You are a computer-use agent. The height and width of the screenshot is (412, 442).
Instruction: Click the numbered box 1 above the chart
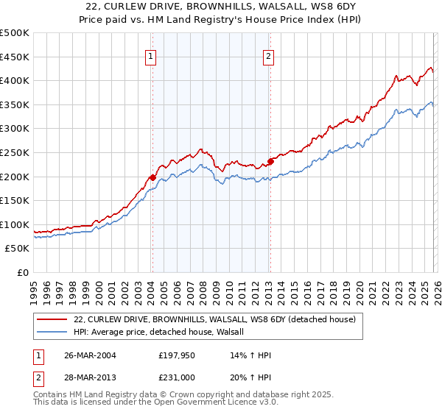[151, 56]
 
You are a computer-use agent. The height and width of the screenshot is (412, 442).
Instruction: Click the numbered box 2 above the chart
[269, 56]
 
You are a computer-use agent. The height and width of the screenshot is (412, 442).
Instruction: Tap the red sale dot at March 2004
[152, 177]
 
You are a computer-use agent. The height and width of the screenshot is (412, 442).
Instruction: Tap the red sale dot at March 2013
[270, 161]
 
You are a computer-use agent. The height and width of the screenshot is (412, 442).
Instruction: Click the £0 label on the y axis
[22, 273]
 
